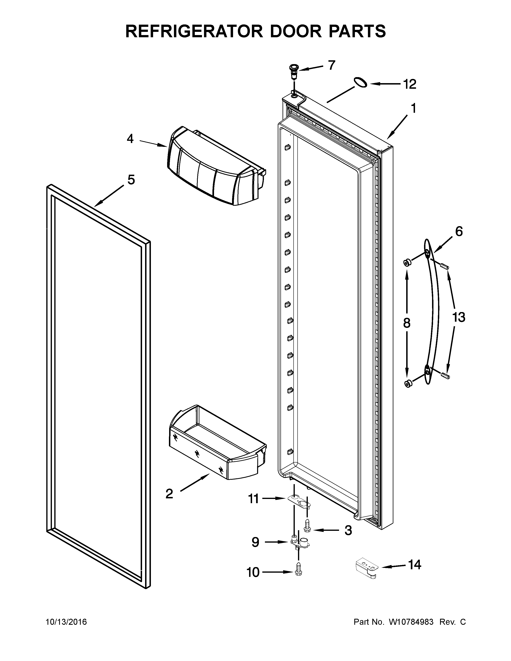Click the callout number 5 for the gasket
[x=131, y=180]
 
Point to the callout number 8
[x=407, y=323]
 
